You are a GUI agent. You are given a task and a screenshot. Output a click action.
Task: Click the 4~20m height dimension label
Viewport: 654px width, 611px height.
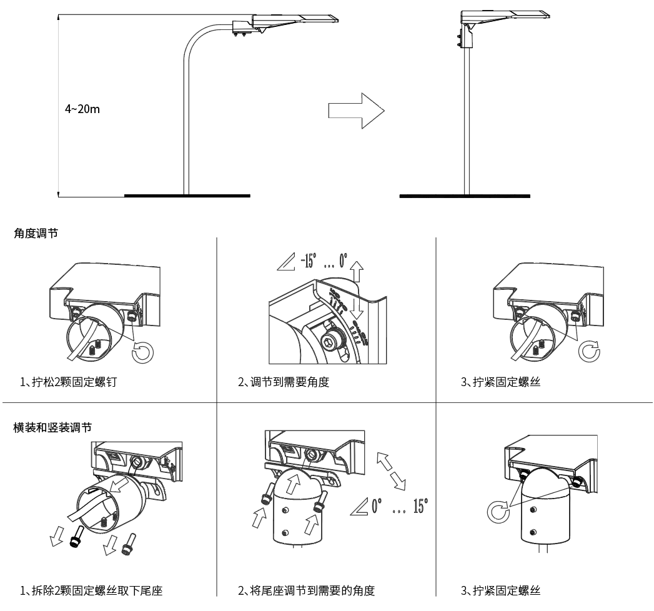tap(82, 109)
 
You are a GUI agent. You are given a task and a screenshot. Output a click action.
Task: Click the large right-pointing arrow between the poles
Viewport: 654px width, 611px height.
tap(355, 112)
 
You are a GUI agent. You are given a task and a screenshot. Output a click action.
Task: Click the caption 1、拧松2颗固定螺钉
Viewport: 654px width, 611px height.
tap(68, 382)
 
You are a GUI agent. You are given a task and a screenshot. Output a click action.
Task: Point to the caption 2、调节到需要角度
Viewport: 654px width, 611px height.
tap(284, 382)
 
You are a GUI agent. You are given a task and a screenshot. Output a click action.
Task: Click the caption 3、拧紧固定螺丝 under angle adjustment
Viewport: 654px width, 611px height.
tap(500, 382)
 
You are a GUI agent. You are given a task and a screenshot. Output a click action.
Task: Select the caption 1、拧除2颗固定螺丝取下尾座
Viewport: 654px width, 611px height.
tap(92, 590)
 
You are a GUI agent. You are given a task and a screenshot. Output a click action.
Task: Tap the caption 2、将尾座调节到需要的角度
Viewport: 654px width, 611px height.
tap(307, 590)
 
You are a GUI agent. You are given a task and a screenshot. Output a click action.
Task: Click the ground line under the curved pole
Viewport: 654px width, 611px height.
tap(187, 196)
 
